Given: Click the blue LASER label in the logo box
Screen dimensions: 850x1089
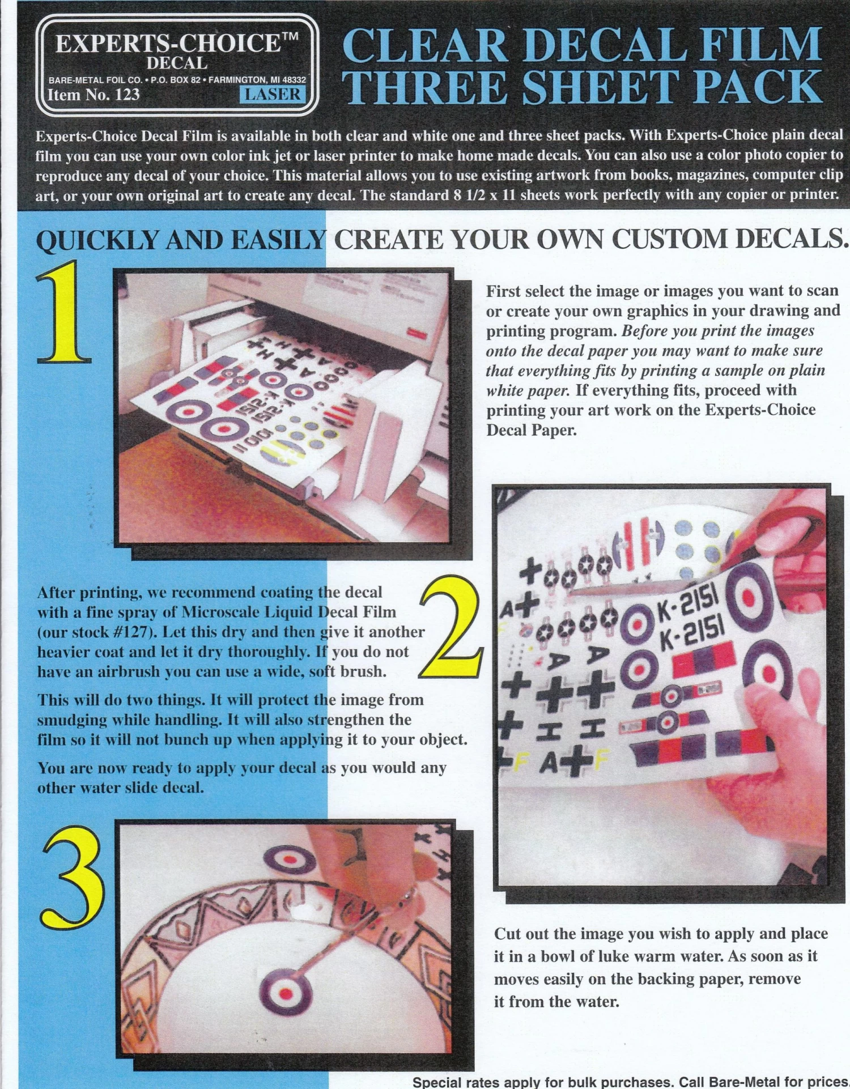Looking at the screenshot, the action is click(x=273, y=94).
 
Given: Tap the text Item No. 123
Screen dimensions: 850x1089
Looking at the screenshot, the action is click(x=94, y=94).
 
